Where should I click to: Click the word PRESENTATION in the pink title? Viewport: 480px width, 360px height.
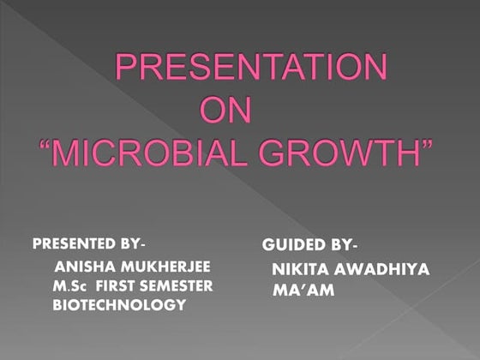pos(250,68)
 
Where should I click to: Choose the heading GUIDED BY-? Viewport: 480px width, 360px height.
pos(308,245)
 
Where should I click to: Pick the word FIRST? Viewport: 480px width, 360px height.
pos(118,285)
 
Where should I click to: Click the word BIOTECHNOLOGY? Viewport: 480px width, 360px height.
pos(119,304)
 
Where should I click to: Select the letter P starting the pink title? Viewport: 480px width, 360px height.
pos(128,68)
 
